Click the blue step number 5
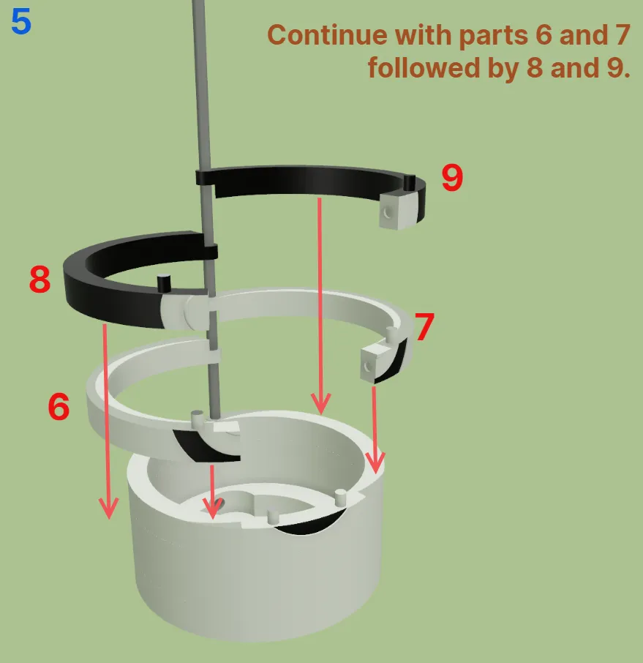[21, 22]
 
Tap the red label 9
[452, 178]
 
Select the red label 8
[40, 279]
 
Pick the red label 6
[59, 406]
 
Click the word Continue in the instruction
[327, 35]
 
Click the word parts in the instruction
[493, 37]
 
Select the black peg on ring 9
[409, 182]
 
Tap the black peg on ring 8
[164, 283]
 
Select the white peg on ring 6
[198, 418]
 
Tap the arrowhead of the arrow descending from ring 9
[321, 404]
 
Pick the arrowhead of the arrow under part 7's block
[375, 463]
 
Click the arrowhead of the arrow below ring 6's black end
[213, 507]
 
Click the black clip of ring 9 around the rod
[205, 177]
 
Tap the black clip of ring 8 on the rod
[210, 252]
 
